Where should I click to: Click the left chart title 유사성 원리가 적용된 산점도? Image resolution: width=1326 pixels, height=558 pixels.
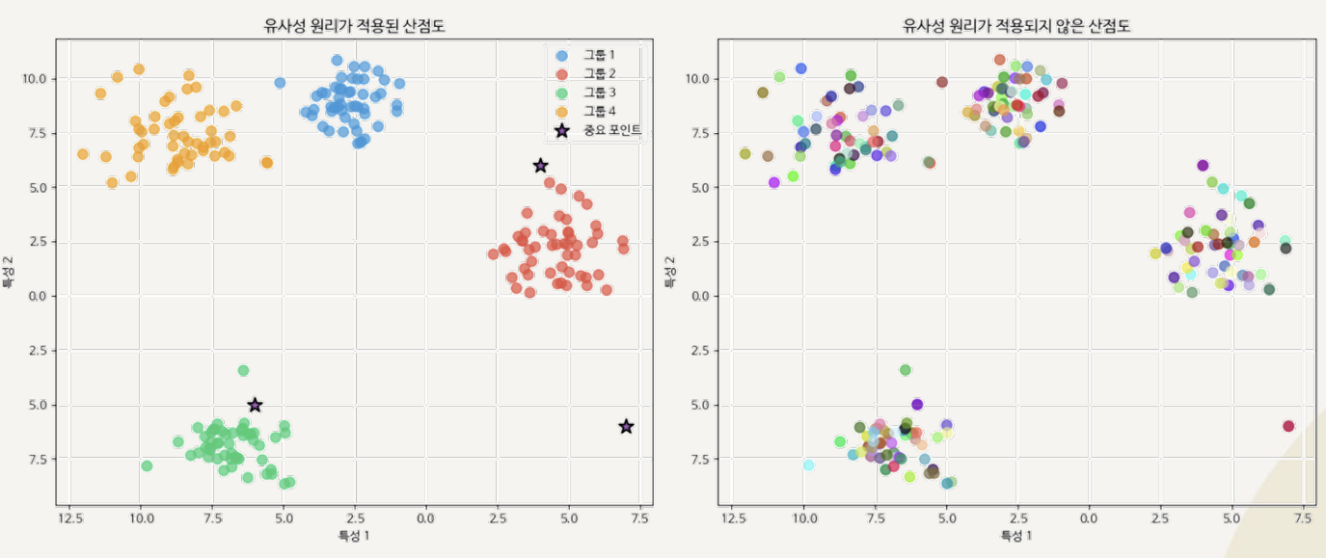pos(354,27)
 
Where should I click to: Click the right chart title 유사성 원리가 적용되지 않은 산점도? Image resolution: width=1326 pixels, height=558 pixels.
pos(1016,27)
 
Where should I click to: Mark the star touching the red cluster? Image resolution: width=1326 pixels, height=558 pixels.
pos(541,166)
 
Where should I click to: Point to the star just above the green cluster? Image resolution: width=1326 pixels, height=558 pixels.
pos(255,405)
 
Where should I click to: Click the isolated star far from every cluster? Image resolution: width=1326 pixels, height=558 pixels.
pos(626,426)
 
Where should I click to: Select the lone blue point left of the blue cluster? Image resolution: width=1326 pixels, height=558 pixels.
pos(280,83)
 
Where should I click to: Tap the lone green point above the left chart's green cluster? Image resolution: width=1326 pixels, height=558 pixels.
pos(244,370)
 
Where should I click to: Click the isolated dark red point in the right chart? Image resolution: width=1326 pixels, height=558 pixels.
pos(1288,426)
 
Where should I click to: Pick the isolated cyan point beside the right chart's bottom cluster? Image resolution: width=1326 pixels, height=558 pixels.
pos(809,465)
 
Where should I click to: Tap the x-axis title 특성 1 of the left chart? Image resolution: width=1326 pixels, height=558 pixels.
pos(354,536)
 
